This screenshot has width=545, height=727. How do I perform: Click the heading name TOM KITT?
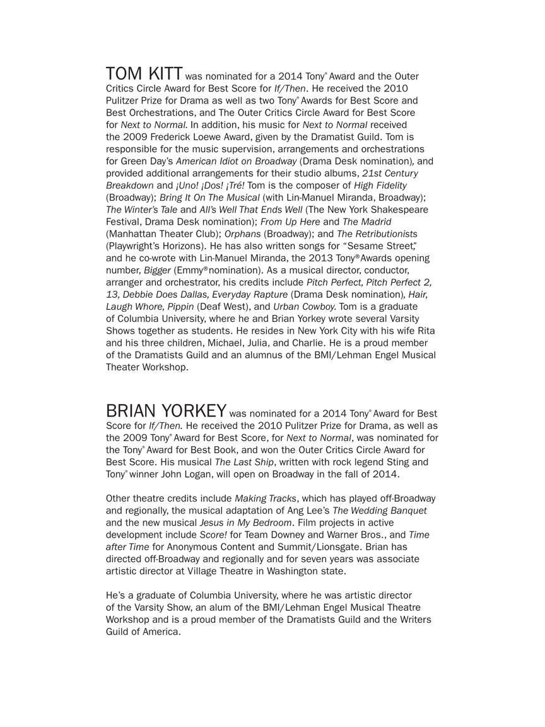pos(144,73)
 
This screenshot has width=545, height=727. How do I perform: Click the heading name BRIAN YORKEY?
pos(166,411)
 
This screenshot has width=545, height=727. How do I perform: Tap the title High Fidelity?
pos(380,186)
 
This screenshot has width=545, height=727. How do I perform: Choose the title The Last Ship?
pos(239,462)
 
